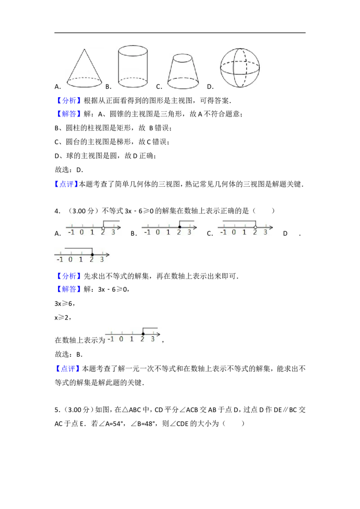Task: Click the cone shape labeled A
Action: point(85,69)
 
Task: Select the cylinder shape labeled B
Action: point(133,67)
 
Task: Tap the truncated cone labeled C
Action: point(183,72)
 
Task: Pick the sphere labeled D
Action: point(240,68)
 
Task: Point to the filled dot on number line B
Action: point(180,227)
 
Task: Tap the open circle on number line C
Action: point(256,227)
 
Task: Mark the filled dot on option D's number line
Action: point(92,254)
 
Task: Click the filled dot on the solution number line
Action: point(143,334)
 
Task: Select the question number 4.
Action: point(58,211)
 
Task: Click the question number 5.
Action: point(57,410)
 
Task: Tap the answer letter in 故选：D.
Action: point(79,170)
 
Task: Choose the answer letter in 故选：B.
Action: point(79,354)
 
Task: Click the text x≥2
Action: point(63,317)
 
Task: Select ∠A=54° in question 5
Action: point(107,424)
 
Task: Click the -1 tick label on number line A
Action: point(71,232)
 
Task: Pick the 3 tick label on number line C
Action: point(265,232)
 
